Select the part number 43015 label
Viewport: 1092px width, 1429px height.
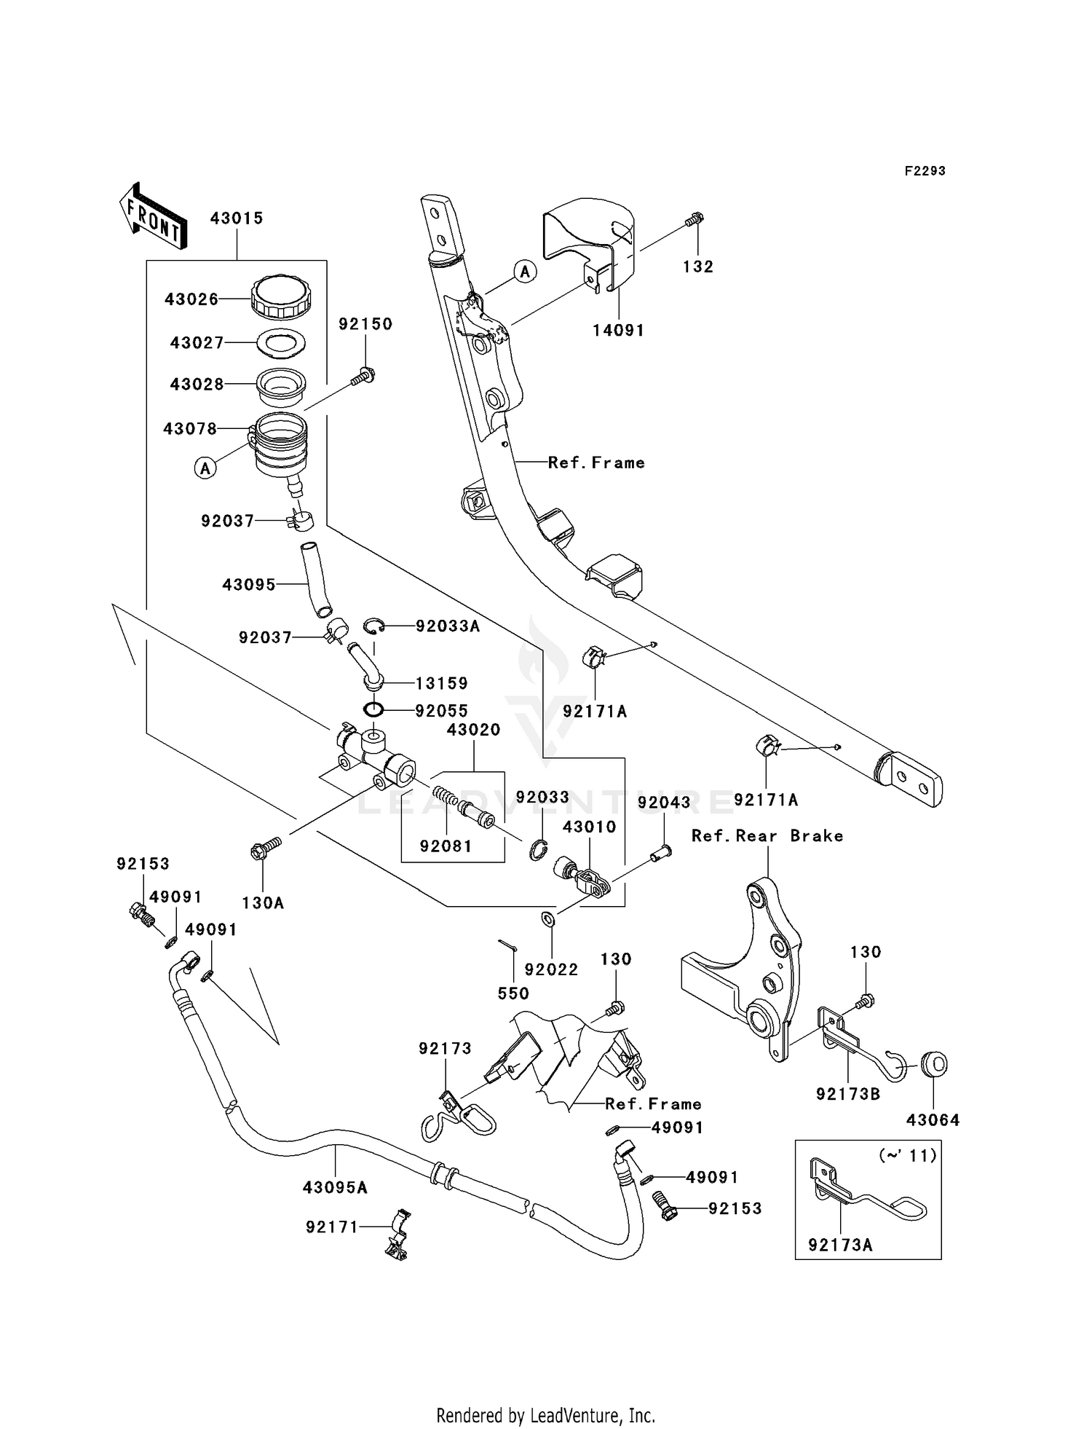point(237,219)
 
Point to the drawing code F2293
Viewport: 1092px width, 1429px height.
point(925,171)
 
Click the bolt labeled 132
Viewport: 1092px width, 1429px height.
point(695,219)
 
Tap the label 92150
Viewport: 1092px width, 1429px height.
point(365,324)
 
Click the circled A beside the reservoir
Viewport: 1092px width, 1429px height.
point(205,468)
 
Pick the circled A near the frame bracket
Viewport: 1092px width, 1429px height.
point(525,272)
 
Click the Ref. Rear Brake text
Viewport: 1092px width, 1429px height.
point(767,836)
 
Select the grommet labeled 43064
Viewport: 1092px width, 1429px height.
point(934,1064)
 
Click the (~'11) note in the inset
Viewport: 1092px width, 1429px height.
point(907,1155)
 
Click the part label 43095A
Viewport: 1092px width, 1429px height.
point(335,1188)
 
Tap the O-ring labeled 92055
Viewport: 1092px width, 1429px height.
point(373,709)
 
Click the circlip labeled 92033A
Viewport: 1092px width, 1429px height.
point(373,626)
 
